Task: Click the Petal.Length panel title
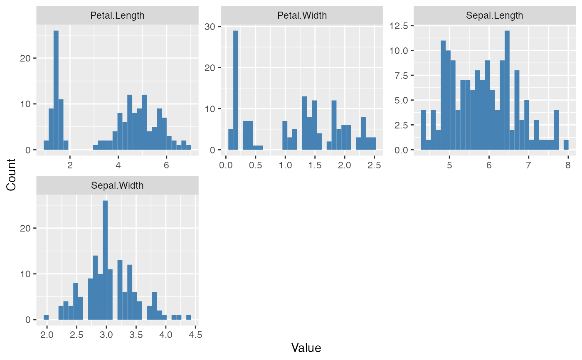pyautogui.click(x=117, y=16)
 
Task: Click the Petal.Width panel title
pyautogui.click(x=302, y=16)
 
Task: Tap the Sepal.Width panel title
pyautogui.click(x=117, y=185)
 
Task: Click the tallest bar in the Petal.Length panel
pyautogui.click(x=56, y=91)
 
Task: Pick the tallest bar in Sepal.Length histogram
pyautogui.click(x=507, y=91)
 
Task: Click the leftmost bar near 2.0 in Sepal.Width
pyautogui.click(x=46, y=317)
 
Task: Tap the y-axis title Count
pyautogui.click(x=11, y=175)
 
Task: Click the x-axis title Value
pyautogui.click(x=306, y=348)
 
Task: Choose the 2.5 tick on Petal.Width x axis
pyautogui.click(x=374, y=165)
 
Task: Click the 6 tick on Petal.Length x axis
pyautogui.click(x=166, y=165)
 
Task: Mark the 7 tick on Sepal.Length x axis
pyautogui.click(x=528, y=165)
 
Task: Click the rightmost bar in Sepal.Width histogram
pyautogui.click(x=189, y=317)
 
